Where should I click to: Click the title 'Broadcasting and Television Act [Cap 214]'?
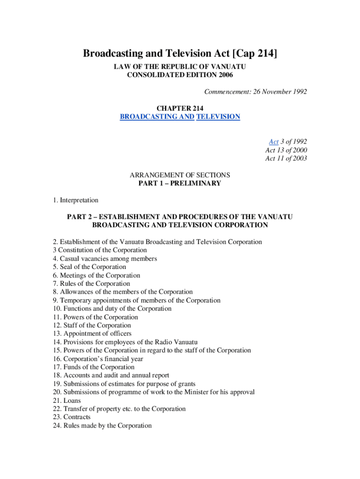[180, 54]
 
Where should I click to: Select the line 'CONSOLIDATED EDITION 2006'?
[180, 75]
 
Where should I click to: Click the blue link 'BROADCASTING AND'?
[157, 116]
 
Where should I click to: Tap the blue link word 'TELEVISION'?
[218, 116]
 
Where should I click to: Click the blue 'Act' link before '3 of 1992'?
[274, 141]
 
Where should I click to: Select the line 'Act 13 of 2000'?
[286, 150]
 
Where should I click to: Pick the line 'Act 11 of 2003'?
[286, 159]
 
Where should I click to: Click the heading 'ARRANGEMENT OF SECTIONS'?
[180, 175]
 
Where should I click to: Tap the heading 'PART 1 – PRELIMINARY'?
[180, 183]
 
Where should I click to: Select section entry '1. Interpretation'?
[76, 200]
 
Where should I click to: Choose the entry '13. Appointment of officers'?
[92, 334]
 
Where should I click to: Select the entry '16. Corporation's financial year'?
[98, 359]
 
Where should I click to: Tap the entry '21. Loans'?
[67, 400]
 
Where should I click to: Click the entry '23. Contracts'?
[72, 417]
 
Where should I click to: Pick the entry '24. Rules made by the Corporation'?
[102, 425]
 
